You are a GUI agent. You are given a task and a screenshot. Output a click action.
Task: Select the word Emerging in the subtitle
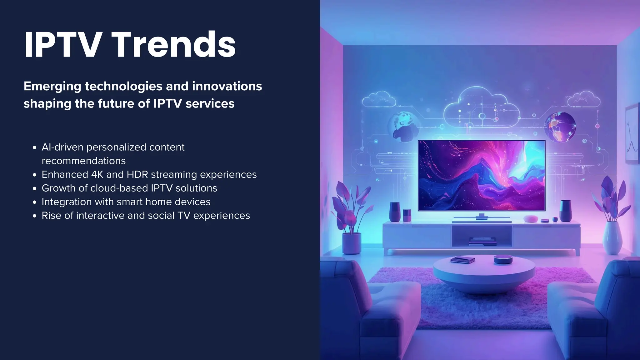[x=52, y=87]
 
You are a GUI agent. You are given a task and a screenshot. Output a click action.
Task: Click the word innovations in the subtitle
[x=227, y=86]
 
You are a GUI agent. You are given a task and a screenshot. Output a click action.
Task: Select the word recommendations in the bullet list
[x=83, y=161]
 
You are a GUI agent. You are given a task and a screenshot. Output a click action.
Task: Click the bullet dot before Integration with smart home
[x=35, y=202]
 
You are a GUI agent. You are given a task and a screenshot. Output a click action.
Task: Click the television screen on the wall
[x=482, y=176]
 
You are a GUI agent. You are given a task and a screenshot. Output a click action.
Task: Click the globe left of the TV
[x=403, y=127]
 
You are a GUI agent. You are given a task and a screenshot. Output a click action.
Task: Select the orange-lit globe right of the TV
[x=560, y=127]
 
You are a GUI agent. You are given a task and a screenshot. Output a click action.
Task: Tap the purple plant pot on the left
[x=351, y=243]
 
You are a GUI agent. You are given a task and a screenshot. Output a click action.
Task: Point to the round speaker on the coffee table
[x=503, y=259]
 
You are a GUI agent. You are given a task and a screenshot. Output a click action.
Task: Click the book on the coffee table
[x=463, y=260]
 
